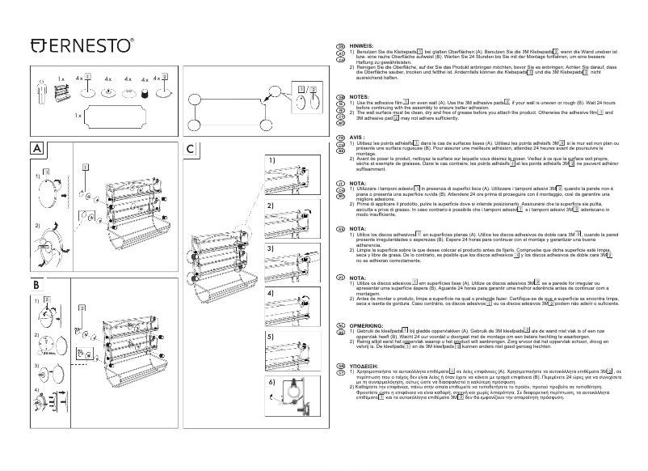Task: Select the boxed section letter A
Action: [38, 172]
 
